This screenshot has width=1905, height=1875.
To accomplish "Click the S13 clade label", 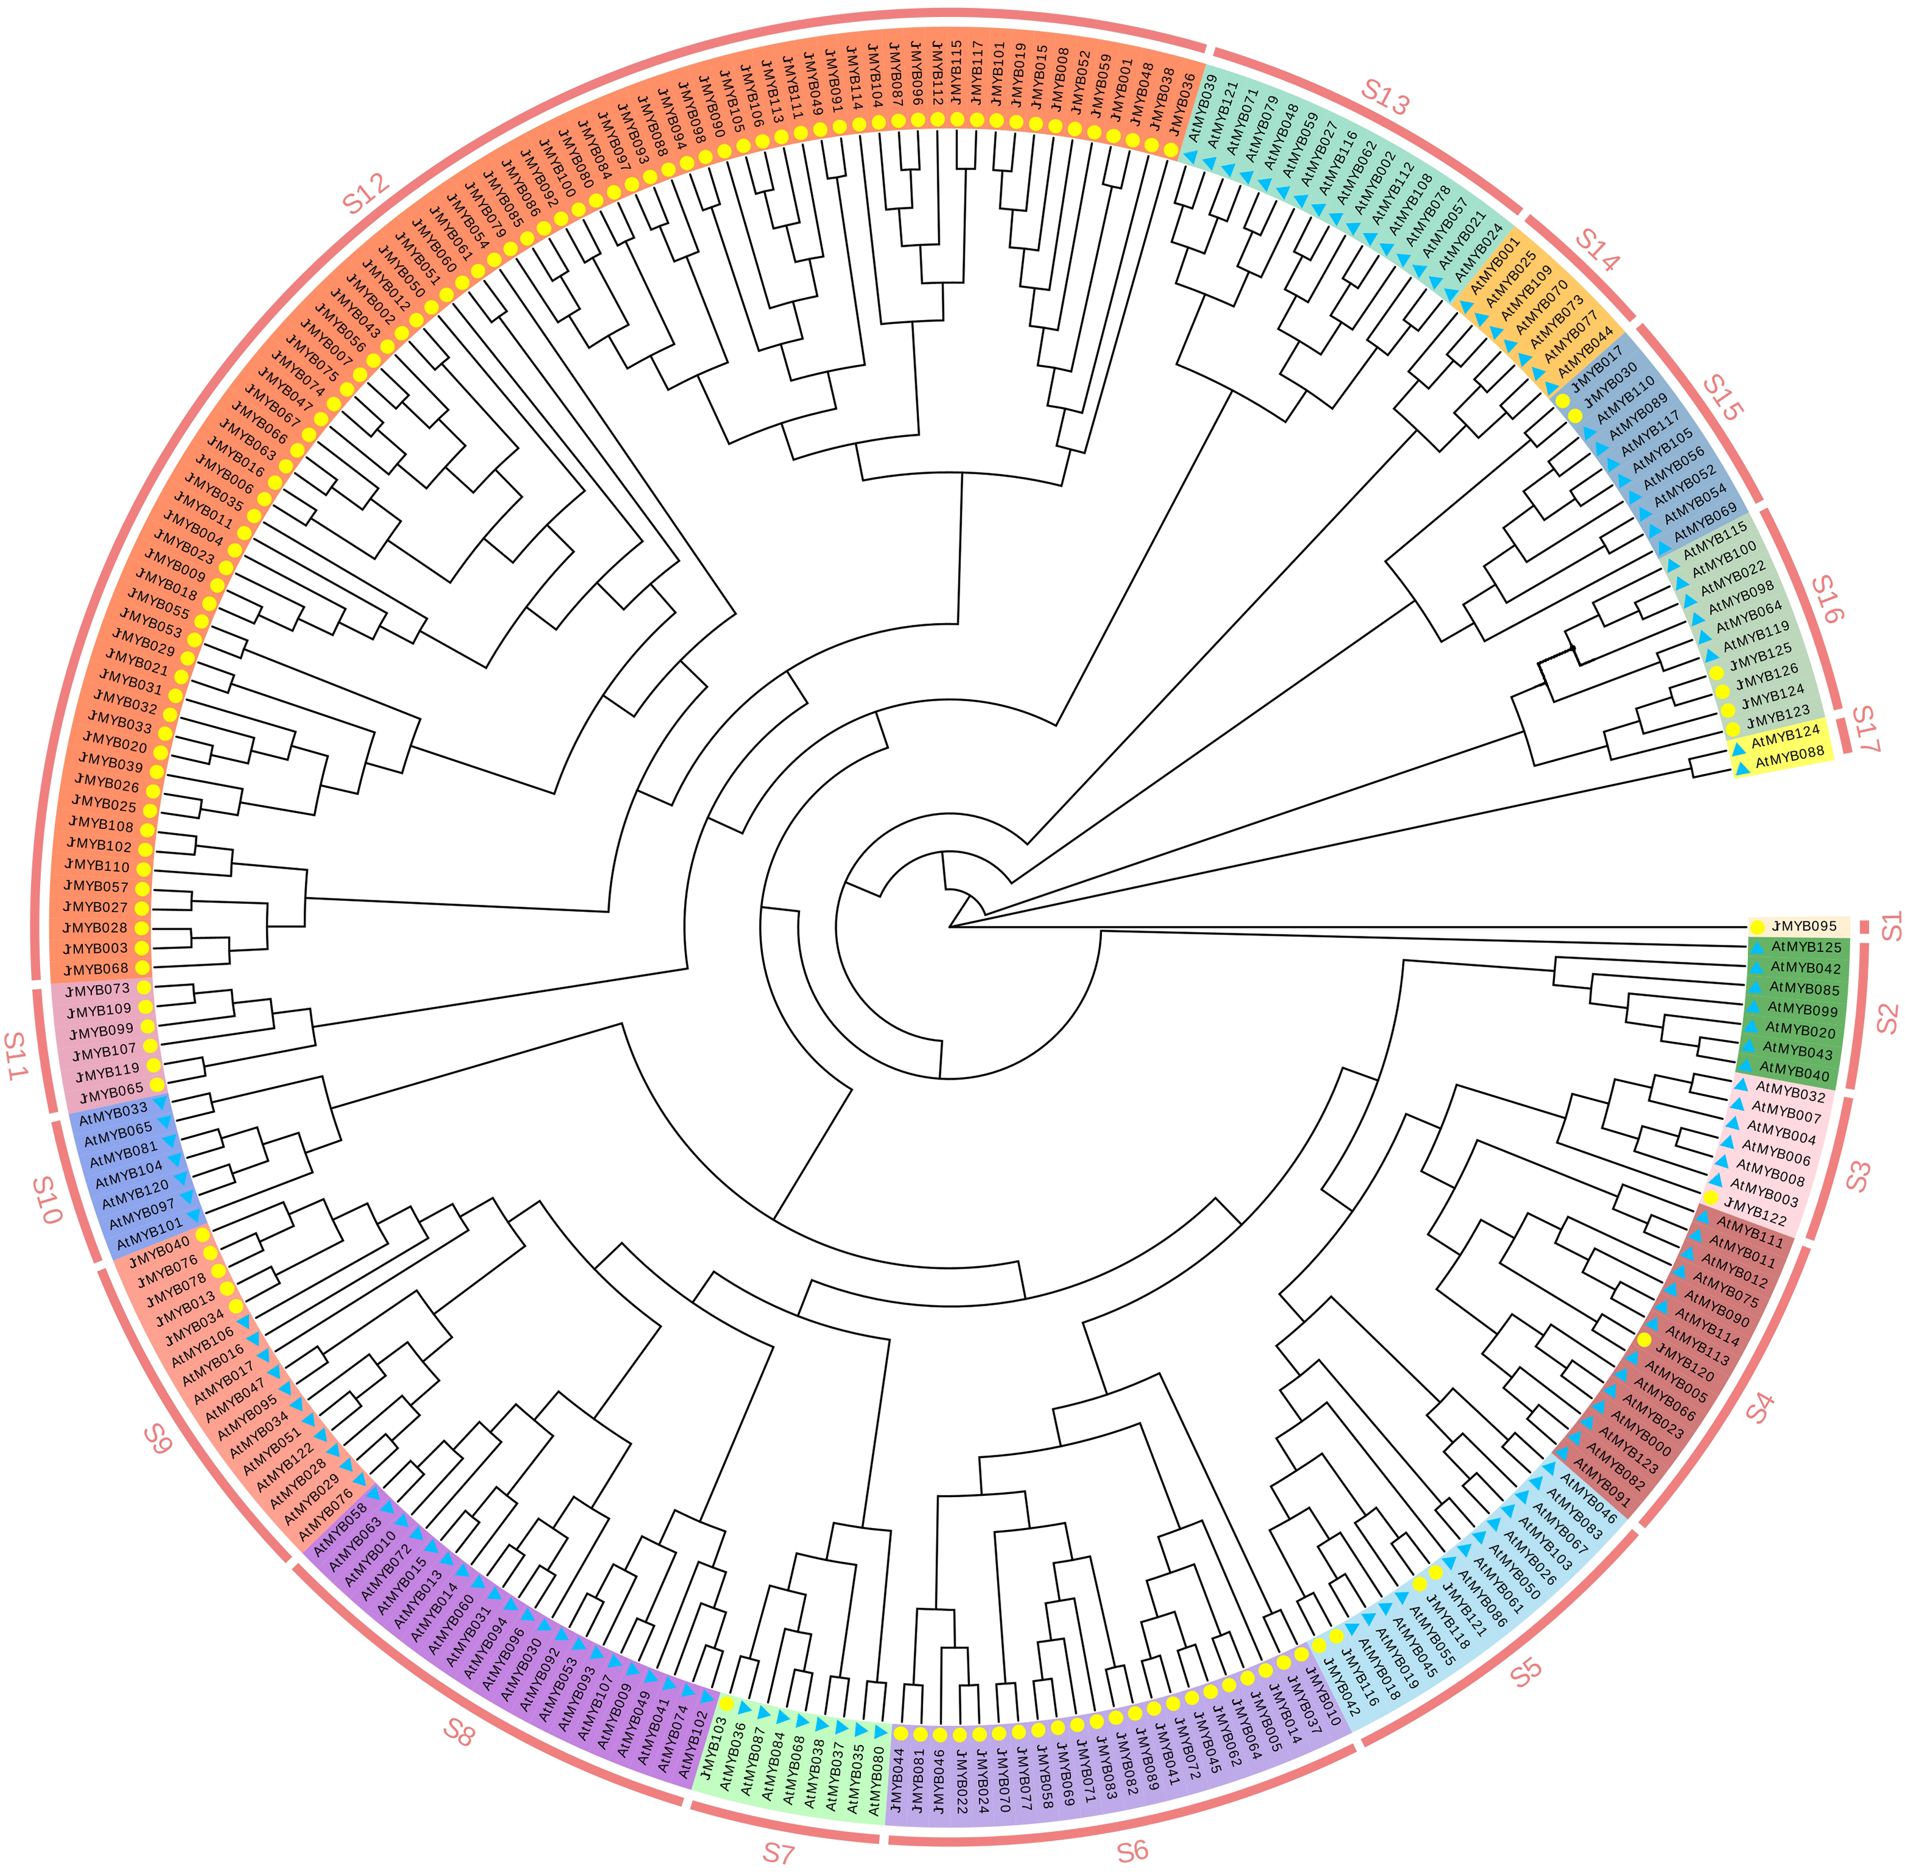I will click(x=1385, y=96).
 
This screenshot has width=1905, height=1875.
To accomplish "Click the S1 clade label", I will click(x=1891, y=926).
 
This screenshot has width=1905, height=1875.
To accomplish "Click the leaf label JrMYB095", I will click(x=1804, y=926).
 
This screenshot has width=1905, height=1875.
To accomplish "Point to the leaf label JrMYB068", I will click(x=96, y=969).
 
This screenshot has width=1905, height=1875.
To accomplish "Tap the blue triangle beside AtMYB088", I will click(x=1742, y=768).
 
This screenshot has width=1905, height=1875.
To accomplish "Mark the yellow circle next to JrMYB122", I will click(x=1711, y=1198).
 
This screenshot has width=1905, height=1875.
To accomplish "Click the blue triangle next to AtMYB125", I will click(x=1756, y=947).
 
